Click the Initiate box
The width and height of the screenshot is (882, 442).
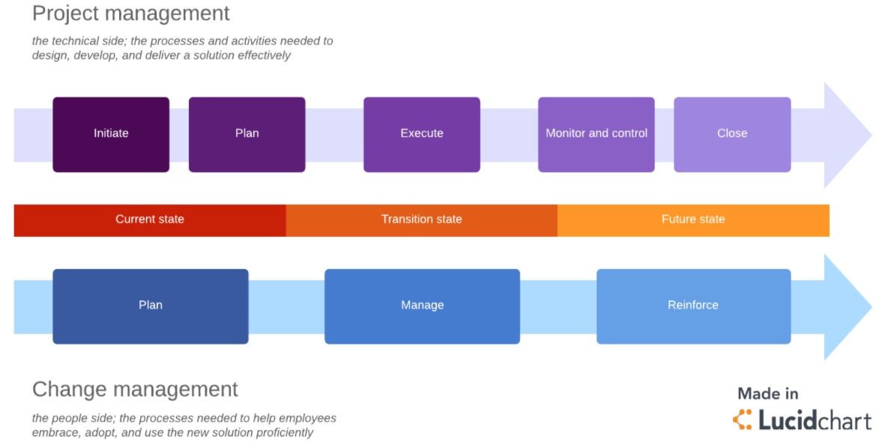click(111, 134)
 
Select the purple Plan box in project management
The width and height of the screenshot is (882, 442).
click(247, 134)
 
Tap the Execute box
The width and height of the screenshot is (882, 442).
click(421, 134)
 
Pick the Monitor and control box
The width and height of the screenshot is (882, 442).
click(596, 134)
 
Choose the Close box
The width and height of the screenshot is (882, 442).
click(731, 134)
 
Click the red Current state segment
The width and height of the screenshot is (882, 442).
click(150, 220)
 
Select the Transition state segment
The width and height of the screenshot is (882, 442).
click(421, 220)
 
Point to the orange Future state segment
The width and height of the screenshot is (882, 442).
click(693, 220)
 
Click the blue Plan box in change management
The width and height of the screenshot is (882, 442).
click(150, 306)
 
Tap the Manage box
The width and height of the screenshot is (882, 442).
click(422, 306)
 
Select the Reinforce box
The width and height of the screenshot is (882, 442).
click(693, 306)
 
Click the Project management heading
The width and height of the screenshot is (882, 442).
click(131, 13)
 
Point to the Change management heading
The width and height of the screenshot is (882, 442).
click(135, 390)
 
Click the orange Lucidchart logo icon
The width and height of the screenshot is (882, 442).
click(742, 420)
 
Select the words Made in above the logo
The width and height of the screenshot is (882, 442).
click(768, 394)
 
